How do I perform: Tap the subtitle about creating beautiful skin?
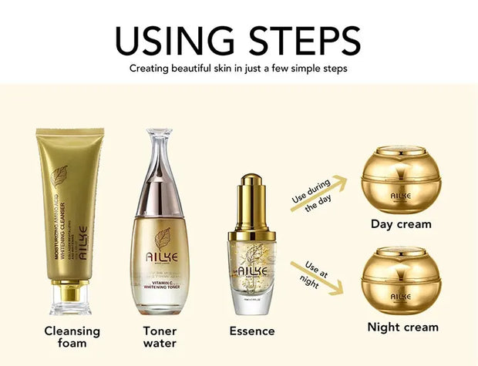[x=238, y=69]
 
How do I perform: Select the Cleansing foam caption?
[x=72, y=337]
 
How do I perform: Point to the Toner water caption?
[x=160, y=337]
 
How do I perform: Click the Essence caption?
[x=252, y=331]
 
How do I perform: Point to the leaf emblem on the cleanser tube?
[x=59, y=176]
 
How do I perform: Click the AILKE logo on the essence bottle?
[x=252, y=270]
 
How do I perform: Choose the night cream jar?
[x=399, y=280]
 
